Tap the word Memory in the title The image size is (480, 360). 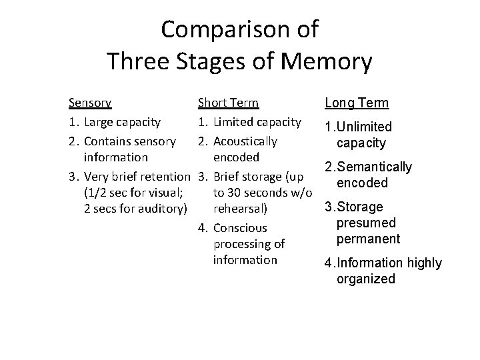pyautogui.click(x=327, y=61)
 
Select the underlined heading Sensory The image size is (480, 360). pyautogui.click(x=90, y=103)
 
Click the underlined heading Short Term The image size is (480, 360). pyautogui.click(x=228, y=103)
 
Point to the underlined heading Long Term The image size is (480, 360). pyautogui.click(x=356, y=103)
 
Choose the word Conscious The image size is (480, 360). pyautogui.click(x=240, y=228)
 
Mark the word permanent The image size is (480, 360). pyautogui.click(x=368, y=239)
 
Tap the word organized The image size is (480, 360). pyautogui.click(x=366, y=279)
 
